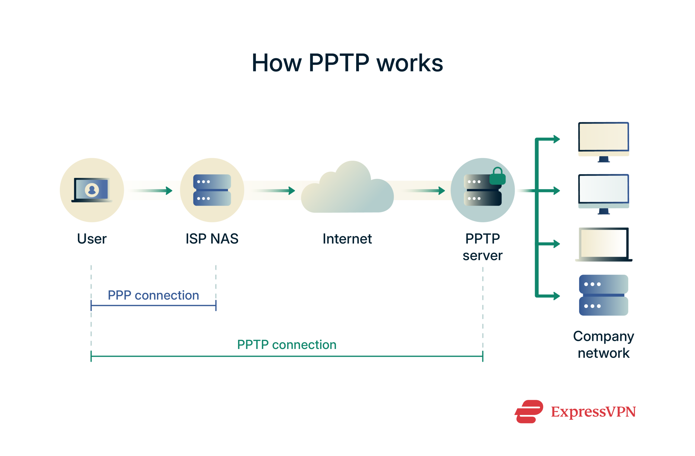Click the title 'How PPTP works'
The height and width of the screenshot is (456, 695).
(347, 63)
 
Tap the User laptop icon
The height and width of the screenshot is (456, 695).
(92, 190)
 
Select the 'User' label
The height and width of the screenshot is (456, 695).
(92, 239)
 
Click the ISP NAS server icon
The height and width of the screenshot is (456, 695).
(212, 190)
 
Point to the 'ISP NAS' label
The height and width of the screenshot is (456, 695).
(212, 239)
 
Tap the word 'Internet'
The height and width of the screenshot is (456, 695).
(347, 239)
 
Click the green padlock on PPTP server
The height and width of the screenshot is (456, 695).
(497, 177)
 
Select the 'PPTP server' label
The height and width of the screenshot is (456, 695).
(482, 247)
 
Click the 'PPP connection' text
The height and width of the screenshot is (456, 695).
(153, 295)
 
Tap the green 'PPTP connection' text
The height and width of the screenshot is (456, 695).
(287, 345)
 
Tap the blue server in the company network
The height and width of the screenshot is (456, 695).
(603, 295)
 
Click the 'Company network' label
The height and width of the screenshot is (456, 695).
(603, 344)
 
